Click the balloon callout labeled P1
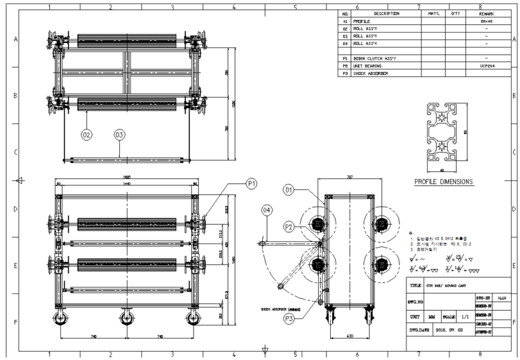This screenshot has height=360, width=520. click(252, 184)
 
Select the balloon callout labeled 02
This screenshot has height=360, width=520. click(87, 135)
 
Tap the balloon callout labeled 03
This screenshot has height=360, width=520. click(119, 135)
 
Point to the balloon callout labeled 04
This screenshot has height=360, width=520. click(267, 209)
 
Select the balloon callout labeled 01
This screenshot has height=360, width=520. click(290, 189)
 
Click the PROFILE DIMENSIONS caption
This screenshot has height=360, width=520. click(444, 182)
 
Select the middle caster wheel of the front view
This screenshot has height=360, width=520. click(126, 318)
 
